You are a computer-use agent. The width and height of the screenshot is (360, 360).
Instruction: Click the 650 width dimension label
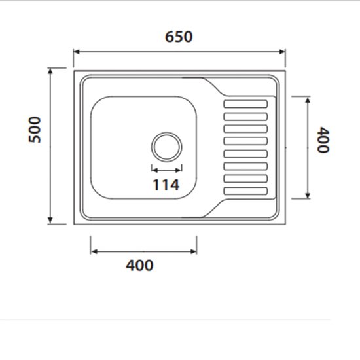pyautogui.click(x=179, y=37)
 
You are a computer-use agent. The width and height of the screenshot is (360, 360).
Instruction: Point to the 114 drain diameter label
pyautogui.click(x=166, y=185)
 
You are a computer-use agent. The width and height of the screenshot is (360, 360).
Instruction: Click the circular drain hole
pyautogui.click(x=166, y=145)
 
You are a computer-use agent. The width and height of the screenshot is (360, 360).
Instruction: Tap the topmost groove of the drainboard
pyautogui.click(x=246, y=103)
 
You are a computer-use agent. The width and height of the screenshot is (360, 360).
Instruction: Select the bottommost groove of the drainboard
pyautogui.click(x=246, y=191)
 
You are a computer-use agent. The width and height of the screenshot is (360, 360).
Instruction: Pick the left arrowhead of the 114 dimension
pyautogui.click(x=154, y=168)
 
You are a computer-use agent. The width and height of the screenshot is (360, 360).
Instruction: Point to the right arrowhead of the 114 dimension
pyautogui.click(x=179, y=168)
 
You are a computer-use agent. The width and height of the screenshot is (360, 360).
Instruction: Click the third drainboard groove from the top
pyautogui.click(x=246, y=128)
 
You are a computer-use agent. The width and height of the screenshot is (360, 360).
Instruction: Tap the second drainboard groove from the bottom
pyautogui.click(x=246, y=179)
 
